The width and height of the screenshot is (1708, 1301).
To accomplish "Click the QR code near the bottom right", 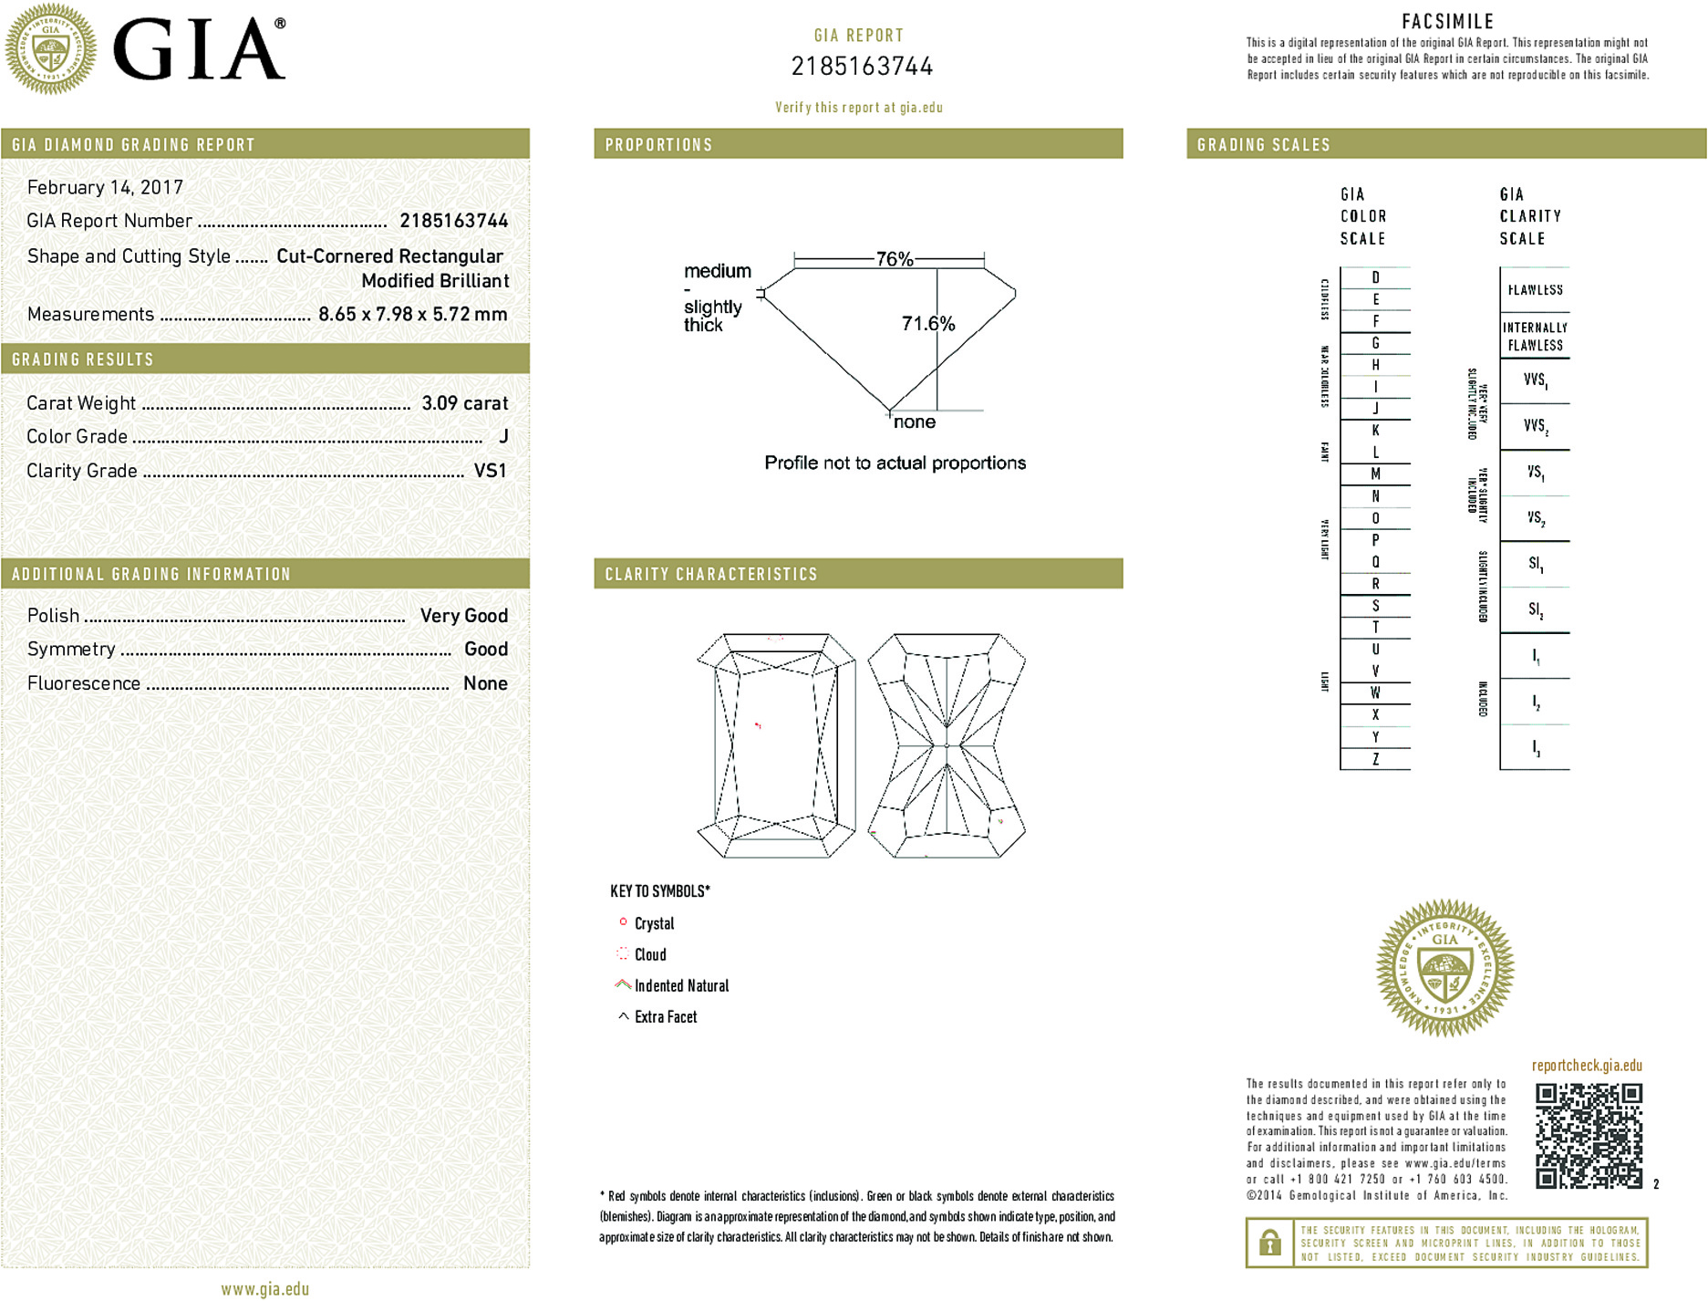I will coord(1589,1136).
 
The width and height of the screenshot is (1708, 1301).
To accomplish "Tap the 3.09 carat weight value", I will coord(464,403).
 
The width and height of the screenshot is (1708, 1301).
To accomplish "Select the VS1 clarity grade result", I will coord(490,471).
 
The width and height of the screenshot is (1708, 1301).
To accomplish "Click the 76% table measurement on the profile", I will coord(894,259).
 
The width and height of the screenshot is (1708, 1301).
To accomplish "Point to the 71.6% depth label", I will coord(927,324).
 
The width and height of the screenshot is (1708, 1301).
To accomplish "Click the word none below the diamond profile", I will coord(914,422).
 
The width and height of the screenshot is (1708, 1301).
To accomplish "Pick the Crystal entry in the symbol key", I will coord(653,923).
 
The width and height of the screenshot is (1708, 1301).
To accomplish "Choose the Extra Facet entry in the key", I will coord(665,1017).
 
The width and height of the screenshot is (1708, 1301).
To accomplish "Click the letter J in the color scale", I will coord(1375,409).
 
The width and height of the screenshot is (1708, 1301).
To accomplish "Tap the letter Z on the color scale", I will coord(1375,759).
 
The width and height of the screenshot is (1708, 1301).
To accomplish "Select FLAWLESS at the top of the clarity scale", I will coord(1535,290).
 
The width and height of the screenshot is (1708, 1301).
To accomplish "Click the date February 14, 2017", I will coord(105,188).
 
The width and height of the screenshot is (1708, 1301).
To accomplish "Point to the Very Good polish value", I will coord(463,616).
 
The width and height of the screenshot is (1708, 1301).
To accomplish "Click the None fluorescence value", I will coord(485,683).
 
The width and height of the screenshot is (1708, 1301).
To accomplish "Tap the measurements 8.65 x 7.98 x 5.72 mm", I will coord(412,315).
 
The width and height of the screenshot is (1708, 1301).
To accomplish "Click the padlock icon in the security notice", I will coord(1269,1243).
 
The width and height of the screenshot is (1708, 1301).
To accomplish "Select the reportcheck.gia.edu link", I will coord(1587,1066).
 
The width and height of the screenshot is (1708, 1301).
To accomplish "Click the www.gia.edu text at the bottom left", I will coord(264,1289).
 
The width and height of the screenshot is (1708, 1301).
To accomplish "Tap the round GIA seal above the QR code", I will coord(1444,968).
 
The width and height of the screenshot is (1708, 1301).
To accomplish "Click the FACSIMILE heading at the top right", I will coord(1447,21).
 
